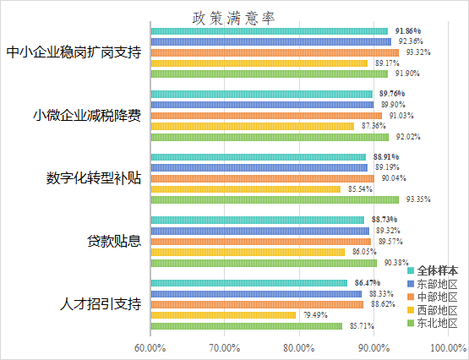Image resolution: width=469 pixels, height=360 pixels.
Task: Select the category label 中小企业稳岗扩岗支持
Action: point(73,52)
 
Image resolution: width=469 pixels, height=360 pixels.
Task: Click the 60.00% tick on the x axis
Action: point(150,347)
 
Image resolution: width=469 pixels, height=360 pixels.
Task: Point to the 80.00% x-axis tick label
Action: point(299,347)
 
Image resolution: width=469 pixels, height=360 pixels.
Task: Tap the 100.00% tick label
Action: point(447,347)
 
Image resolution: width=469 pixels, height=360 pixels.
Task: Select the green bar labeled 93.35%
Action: point(274,199)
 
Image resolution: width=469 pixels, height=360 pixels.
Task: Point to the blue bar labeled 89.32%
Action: point(259,231)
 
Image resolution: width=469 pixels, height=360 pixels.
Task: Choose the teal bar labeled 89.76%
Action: point(261,94)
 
